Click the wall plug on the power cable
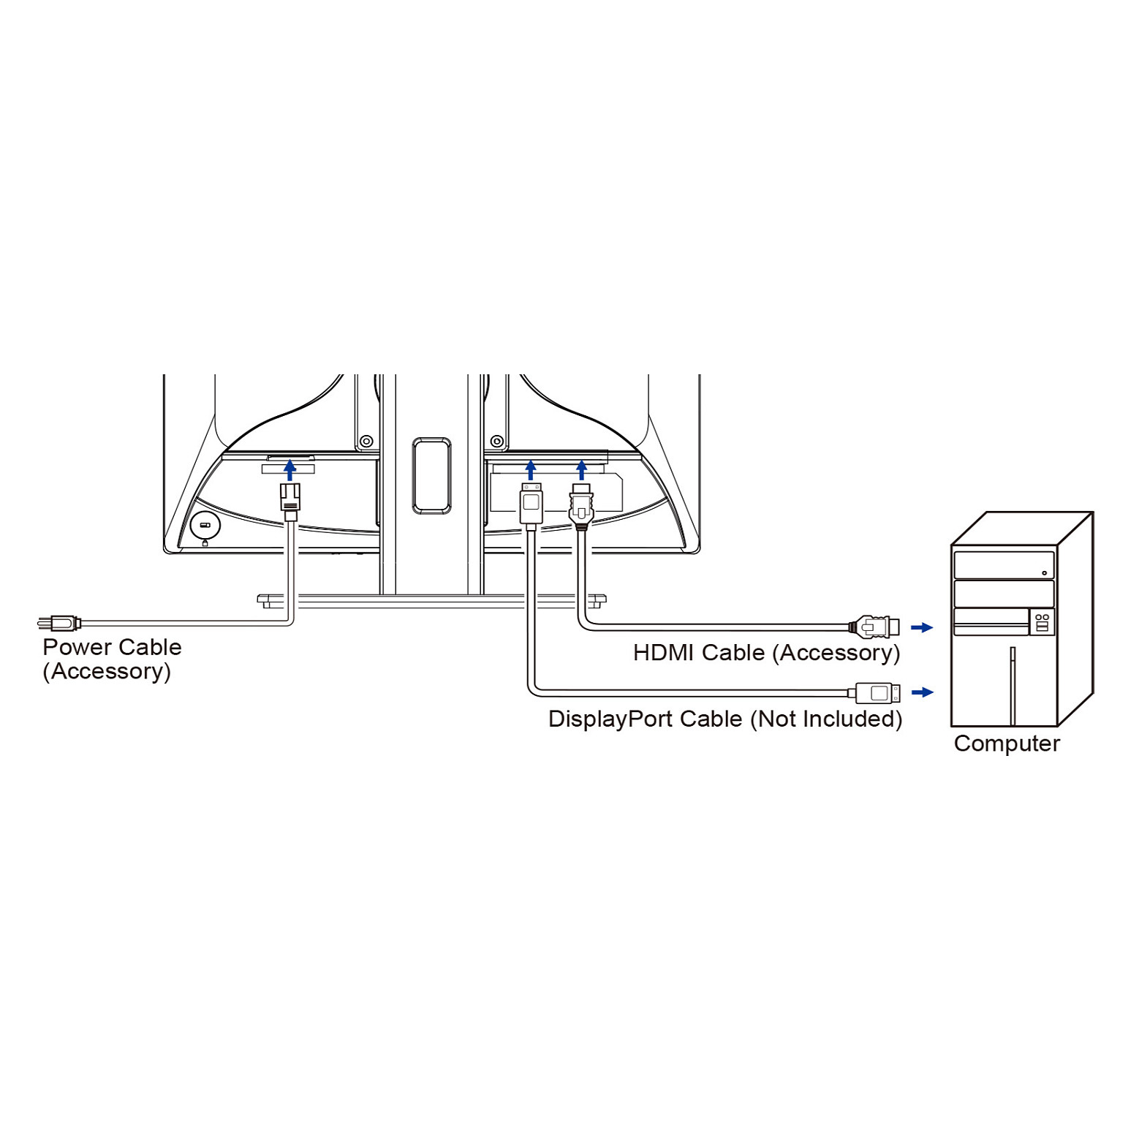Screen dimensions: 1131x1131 [59, 623]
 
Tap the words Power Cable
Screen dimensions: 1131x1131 [112, 647]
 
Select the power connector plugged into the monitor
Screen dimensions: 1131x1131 [290, 502]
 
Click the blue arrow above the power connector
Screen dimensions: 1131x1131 [290, 469]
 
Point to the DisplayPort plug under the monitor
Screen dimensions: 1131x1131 [532, 504]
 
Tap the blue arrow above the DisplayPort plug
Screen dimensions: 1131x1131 [531, 470]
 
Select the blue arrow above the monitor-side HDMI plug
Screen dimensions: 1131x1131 [581, 470]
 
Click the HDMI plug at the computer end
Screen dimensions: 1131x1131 [874, 627]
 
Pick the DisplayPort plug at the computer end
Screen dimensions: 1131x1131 [878, 692]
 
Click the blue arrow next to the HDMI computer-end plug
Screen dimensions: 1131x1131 [923, 627]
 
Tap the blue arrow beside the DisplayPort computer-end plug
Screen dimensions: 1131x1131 [923, 692]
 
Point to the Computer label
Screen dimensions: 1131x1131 [1007, 744]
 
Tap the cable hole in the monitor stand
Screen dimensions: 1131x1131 [431, 475]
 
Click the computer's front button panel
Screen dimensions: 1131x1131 [1043, 622]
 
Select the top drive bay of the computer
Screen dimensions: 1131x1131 [1004, 566]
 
